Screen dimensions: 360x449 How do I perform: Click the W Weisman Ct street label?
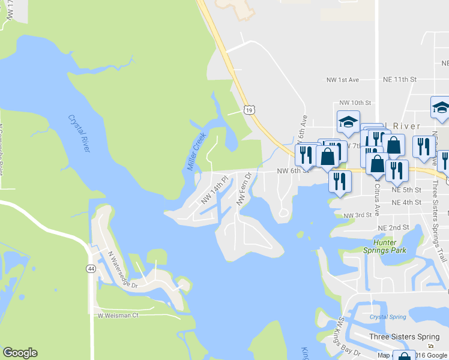pyautogui.click(x=118, y=315)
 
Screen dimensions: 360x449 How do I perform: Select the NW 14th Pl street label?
pyautogui.click(x=215, y=190)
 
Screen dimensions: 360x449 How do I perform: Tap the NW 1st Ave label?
pyautogui.click(x=342, y=80)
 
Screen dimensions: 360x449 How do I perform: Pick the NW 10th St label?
pyautogui.click(x=355, y=103)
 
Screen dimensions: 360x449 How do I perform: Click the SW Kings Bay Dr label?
pyautogui.click(x=348, y=337)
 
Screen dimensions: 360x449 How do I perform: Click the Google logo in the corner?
pyautogui.click(x=20, y=353)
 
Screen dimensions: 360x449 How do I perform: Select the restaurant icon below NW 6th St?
pyautogui.click(x=340, y=181)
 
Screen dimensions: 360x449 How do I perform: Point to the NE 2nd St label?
pyautogui.click(x=393, y=228)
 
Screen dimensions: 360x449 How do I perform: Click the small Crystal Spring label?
pyautogui.click(x=385, y=316)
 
